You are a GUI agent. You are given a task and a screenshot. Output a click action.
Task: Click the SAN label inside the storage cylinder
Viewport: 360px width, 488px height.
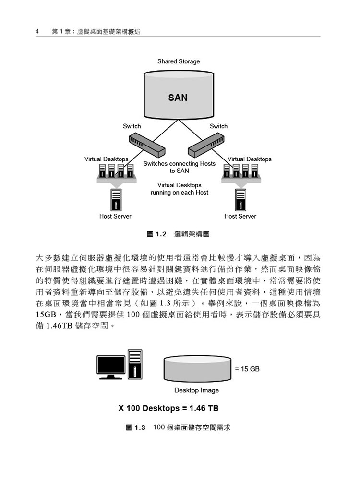pyautogui.click(x=178, y=98)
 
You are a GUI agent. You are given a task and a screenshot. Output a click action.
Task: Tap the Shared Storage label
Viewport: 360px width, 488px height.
pyautogui.click(x=179, y=61)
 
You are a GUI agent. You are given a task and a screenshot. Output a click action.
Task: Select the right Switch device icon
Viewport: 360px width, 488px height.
pyautogui.click(x=206, y=145)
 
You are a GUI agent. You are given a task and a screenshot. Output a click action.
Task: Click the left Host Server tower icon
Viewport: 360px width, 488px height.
pyautogui.click(x=116, y=200)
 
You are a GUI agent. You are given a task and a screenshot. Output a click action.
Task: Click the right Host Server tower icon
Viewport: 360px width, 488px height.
pyautogui.click(x=240, y=200)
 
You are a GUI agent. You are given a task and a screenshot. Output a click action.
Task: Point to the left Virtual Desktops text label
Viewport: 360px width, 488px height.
pyautogui.click(x=107, y=159)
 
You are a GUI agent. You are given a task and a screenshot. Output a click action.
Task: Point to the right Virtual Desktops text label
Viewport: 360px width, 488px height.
pyautogui.click(x=250, y=159)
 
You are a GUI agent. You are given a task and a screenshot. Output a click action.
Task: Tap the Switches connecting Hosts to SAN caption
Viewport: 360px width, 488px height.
pyautogui.click(x=179, y=167)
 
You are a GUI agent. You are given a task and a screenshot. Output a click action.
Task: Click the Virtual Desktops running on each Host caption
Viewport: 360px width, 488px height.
pyautogui.click(x=179, y=189)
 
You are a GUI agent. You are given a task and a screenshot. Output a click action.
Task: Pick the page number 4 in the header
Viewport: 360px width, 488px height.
pyautogui.click(x=37, y=31)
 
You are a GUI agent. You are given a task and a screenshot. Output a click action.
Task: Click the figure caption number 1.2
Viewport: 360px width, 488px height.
pyautogui.click(x=161, y=234)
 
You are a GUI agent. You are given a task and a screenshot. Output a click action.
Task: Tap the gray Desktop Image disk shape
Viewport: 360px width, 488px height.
pyautogui.click(x=197, y=369)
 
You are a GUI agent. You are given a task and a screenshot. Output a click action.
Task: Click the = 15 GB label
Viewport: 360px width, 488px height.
pyautogui.click(x=247, y=369)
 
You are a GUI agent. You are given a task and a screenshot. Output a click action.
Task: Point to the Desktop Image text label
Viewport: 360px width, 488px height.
pyautogui.click(x=197, y=390)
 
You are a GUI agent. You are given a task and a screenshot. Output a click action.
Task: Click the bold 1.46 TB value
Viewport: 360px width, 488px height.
pyautogui.click(x=204, y=408)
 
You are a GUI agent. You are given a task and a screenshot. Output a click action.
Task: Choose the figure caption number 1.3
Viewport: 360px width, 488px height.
pyautogui.click(x=140, y=427)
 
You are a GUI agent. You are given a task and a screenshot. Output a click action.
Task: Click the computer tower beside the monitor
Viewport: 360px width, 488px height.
pyautogui.click(x=135, y=364)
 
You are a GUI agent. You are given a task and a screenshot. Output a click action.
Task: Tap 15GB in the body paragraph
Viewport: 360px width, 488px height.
pyautogui.click(x=46, y=315)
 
